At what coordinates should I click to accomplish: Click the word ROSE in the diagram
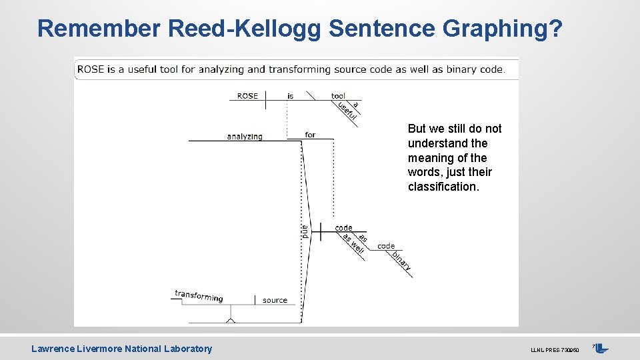[x=247, y=96]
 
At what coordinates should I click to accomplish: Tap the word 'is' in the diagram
[x=290, y=96]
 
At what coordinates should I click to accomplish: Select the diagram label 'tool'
[x=338, y=96]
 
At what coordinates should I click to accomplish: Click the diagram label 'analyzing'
[x=245, y=137]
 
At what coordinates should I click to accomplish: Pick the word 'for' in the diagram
[x=310, y=135]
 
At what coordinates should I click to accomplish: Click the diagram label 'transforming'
[x=199, y=296]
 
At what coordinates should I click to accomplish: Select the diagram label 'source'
[x=275, y=301]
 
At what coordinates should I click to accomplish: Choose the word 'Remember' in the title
[x=99, y=29]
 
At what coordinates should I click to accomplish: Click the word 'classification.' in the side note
[x=443, y=187]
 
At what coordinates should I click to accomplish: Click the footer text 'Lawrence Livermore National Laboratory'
[x=121, y=349]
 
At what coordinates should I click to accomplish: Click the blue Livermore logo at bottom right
[x=601, y=348]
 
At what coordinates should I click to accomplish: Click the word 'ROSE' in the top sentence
[x=91, y=69]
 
